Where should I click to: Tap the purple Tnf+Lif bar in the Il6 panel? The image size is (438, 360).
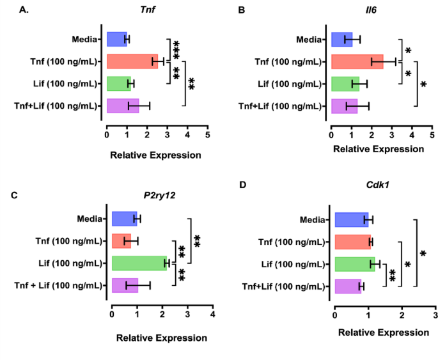pyautogui.click(x=344, y=106)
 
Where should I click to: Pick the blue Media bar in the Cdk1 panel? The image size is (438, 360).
pyautogui.click(x=351, y=220)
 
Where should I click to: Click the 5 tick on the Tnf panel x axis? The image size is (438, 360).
pyautogui.click(x=207, y=135)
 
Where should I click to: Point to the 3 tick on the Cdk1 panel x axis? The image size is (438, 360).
pyautogui.click(x=435, y=314)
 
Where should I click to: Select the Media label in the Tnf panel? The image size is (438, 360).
pyautogui.click(x=84, y=39)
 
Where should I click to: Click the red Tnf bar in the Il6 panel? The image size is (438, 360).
pyautogui.click(x=357, y=61)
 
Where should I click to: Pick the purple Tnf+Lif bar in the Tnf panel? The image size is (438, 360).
pyautogui.click(x=122, y=106)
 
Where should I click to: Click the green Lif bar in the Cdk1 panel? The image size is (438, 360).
pyautogui.click(x=354, y=263)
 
